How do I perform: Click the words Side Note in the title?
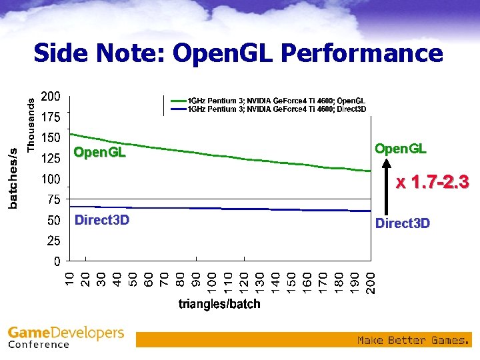(99, 53)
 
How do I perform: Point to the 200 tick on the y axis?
(51, 97)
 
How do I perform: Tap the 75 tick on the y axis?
(53, 199)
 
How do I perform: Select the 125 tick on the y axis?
(51, 159)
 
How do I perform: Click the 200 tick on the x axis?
(371, 281)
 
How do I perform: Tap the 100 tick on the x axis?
(213, 281)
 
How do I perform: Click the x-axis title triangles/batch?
(219, 305)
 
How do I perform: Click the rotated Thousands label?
(30, 123)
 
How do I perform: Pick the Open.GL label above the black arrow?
(400, 148)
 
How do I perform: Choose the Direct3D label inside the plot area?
(101, 220)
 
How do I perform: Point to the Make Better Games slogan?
(413, 341)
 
